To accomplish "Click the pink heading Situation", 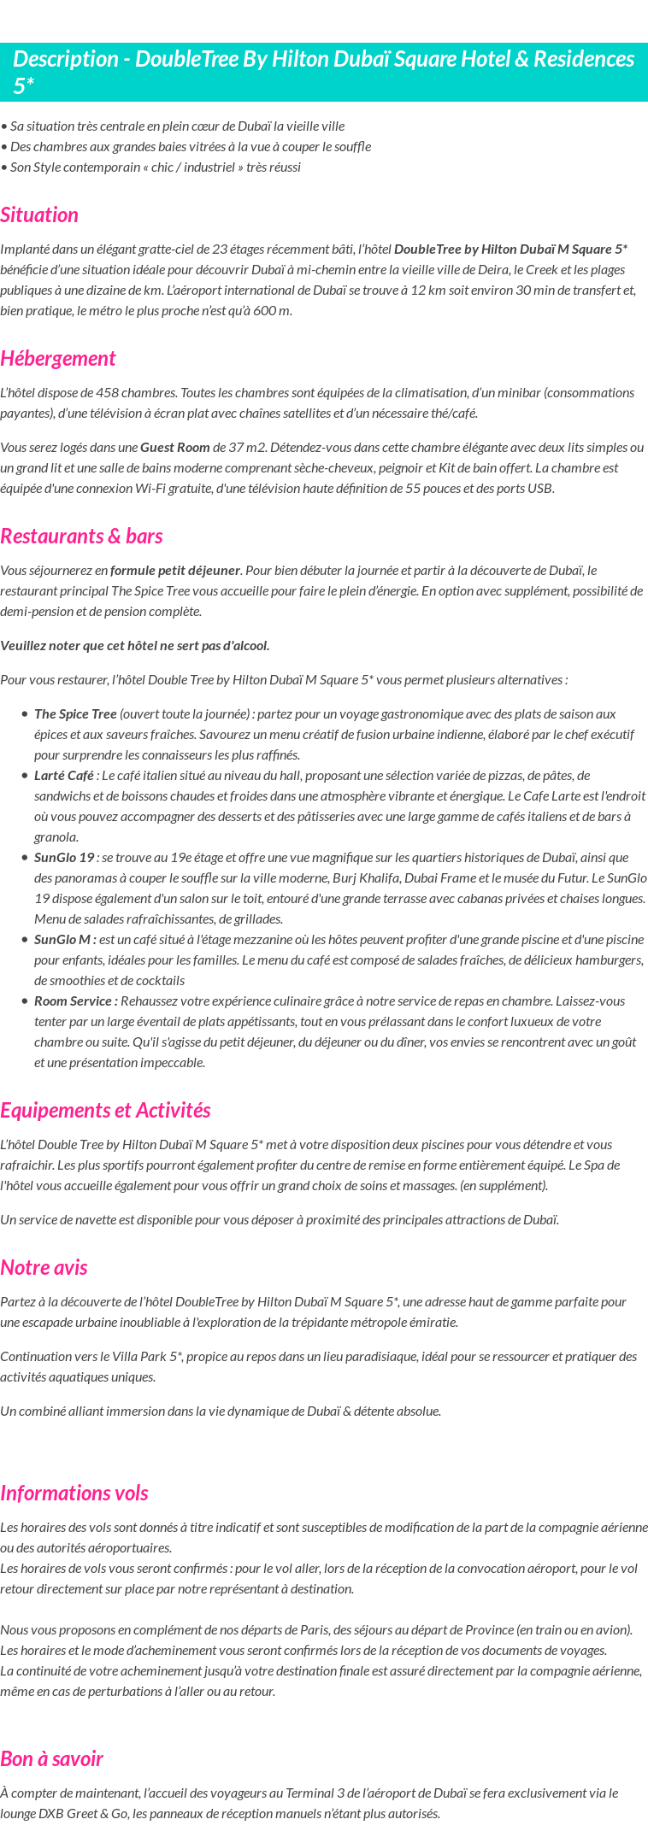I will coord(39,215).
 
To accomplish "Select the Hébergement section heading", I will coord(57,359).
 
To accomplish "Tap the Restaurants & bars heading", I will coord(81,537).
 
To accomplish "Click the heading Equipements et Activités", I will coord(105,1111).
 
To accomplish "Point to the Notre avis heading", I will coord(44,1268).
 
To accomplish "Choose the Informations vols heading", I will coord(74,1494).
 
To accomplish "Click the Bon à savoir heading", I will coord(51,1759).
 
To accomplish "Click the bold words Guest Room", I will coord(175,448).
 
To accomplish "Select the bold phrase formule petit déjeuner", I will coord(175,571).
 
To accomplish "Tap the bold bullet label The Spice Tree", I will coord(75,714).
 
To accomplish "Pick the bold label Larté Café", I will coord(64,776).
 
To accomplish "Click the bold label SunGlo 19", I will coord(64,858).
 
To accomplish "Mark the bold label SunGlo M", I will coord(65,940).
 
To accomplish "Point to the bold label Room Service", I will coord(75,1001).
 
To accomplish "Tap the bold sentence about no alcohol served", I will coord(135,646).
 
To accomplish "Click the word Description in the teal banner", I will coord(65,59).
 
